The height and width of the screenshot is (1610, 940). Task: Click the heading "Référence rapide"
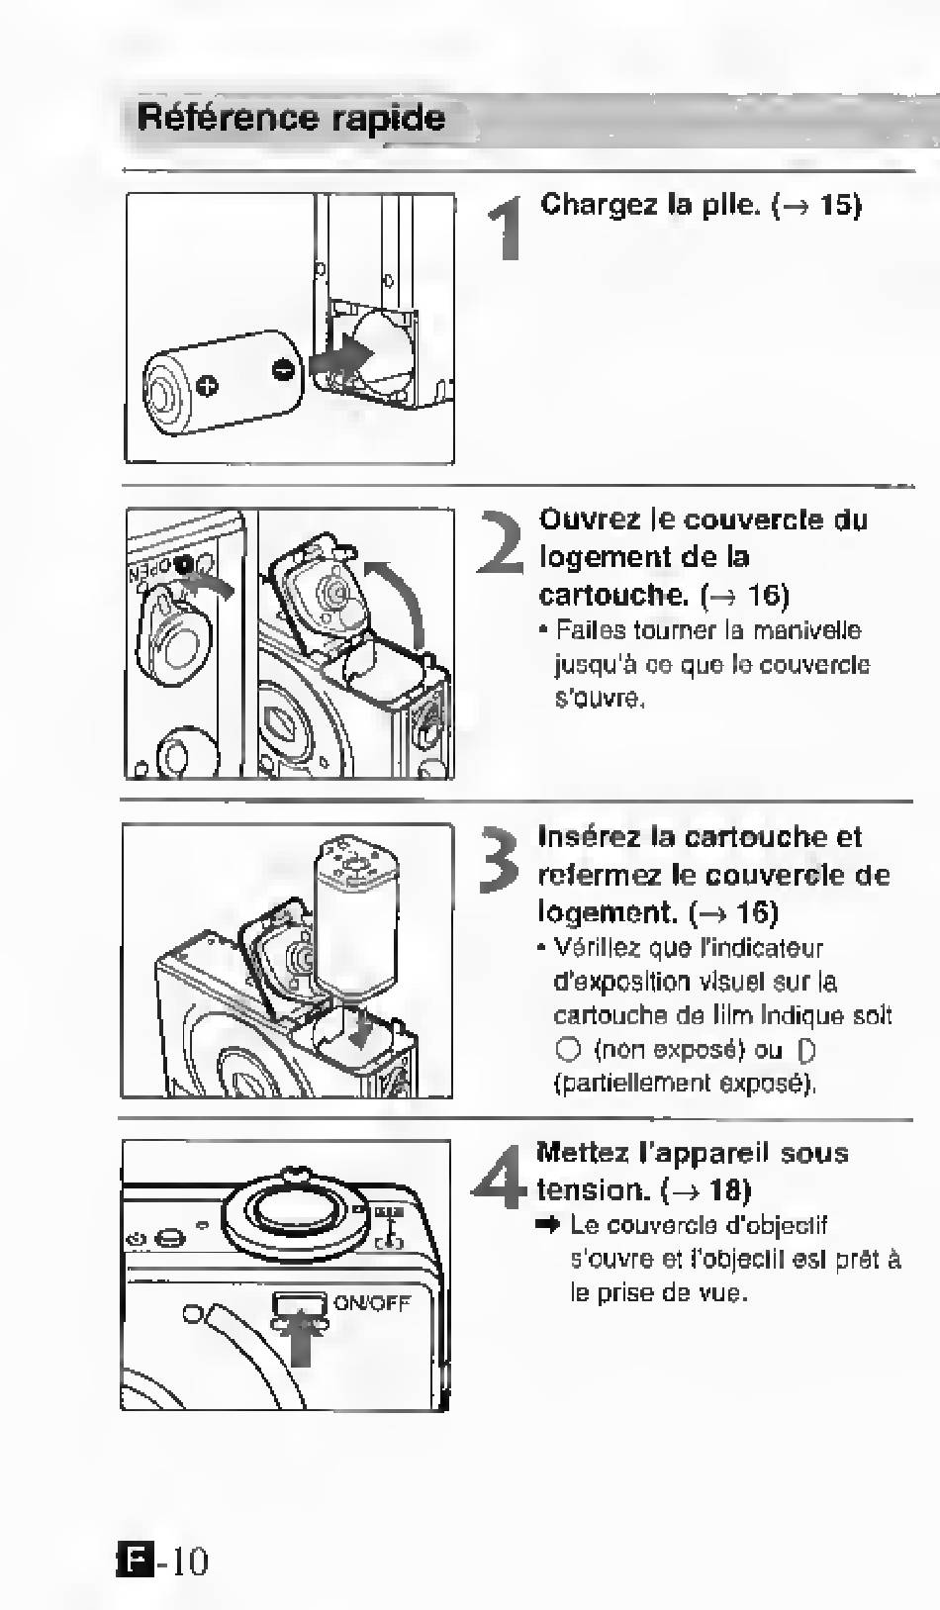click(291, 118)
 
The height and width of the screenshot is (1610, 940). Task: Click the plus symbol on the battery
click(207, 386)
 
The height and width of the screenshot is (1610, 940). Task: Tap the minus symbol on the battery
click(283, 370)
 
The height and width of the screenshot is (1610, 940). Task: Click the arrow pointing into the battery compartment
click(341, 357)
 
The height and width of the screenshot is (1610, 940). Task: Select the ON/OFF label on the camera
click(372, 1302)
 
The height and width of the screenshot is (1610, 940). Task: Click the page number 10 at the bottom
click(187, 1562)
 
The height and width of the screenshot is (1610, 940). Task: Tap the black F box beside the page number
click(136, 1561)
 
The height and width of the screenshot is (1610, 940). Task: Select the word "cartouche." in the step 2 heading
click(613, 595)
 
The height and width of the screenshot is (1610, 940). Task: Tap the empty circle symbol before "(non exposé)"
click(567, 1049)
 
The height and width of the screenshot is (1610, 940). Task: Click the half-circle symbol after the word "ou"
click(806, 1050)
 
